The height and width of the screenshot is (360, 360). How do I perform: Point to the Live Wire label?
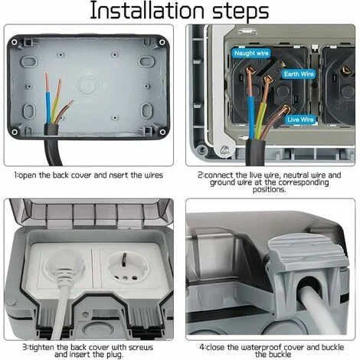299,119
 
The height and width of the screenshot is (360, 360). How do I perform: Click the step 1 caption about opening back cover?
89,175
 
